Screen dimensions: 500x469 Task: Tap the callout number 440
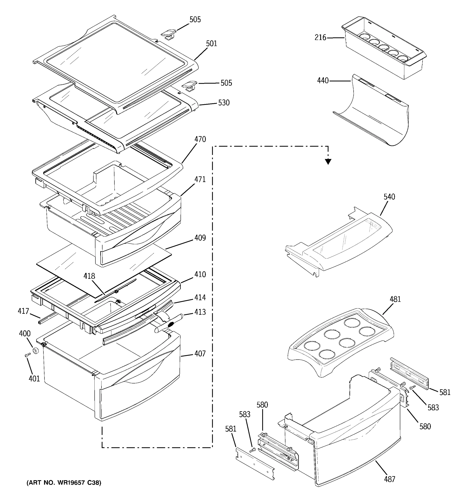pos(323,81)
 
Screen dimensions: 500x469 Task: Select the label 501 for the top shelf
pos(211,44)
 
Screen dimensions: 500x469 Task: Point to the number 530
pos(224,103)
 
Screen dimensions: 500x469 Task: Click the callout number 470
pos(200,139)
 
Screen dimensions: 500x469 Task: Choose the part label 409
pos(200,238)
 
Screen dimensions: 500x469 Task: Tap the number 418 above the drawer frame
pos(89,276)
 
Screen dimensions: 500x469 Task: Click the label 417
pos(23,311)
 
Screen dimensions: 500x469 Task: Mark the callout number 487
pos(390,479)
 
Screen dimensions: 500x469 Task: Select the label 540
pos(389,197)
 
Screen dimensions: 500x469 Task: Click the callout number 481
pos(395,299)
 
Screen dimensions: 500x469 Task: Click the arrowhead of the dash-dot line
pos(328,162)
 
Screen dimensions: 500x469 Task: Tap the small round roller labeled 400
pos(36,351)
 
